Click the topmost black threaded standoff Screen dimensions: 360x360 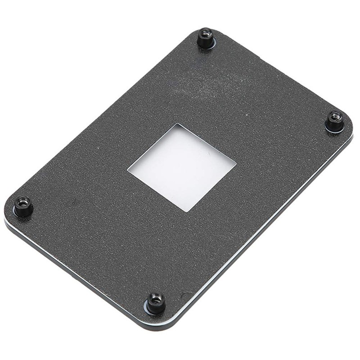pyautogui.click(x=206, y=38)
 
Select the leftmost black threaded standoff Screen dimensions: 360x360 pyautogui.click(x=22, y=206)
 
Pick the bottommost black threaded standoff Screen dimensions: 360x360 pyautogui.click(x=156, y=303)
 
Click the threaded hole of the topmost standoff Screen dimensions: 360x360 pyautogui.click(x=206, y=33)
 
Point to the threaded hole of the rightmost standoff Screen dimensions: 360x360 pyautogui.click(x=334, y=116)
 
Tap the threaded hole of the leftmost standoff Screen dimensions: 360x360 pyautogui.click(x=22, y=201)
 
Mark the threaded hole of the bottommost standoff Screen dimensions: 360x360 pyautogui.click(x=156, y=297)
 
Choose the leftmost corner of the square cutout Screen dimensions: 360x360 pyautogui.click(x=128, y=171)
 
